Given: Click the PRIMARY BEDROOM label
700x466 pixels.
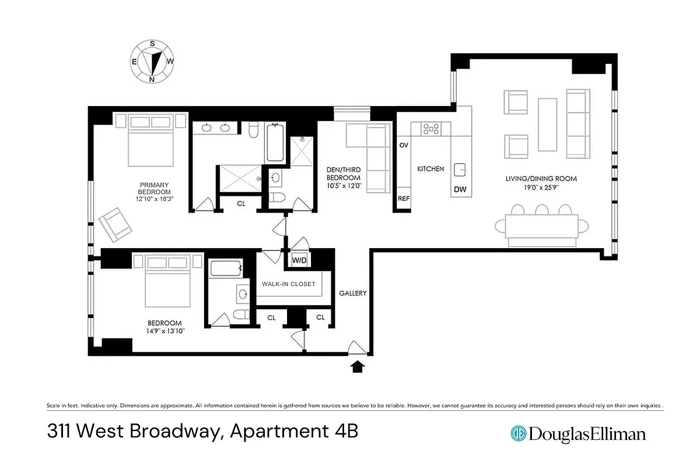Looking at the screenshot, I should [x=155, y=189].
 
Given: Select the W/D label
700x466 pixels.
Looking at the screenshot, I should [x=299, y=259].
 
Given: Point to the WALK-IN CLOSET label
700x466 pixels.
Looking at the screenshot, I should [x=289, y=284].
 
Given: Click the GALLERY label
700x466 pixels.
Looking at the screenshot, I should [x=353, y=294].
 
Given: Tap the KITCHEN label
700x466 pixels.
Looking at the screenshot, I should [x=430, y=169].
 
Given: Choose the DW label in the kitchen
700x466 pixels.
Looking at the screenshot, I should [x=459, y=189].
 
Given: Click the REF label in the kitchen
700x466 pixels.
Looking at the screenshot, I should [x=404, y=199].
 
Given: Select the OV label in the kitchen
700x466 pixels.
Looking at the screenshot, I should [x=403, y=145].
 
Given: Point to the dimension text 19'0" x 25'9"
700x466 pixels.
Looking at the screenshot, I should [x=541, y=187].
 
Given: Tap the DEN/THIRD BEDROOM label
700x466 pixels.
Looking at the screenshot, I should [x=344, y=174].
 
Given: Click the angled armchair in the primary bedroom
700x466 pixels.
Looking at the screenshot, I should [x=116, y=225].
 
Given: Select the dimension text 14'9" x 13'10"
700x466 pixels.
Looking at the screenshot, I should [x=164, y=331].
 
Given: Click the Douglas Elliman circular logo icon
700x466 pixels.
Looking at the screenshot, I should [x=518, y=433].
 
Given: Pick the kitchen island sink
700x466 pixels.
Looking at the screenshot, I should [x=460, y=170].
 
